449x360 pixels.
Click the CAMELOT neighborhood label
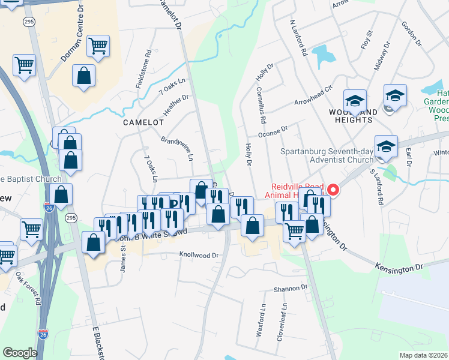pos(143,122)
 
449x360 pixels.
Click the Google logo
pos(20,352)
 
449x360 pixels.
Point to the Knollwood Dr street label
pos(199,255)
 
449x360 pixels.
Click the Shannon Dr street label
pos(291,289)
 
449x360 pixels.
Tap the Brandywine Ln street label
pos(178,148)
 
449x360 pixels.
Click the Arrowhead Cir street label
pos(313,95)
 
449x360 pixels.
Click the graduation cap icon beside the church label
pos(385,145)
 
